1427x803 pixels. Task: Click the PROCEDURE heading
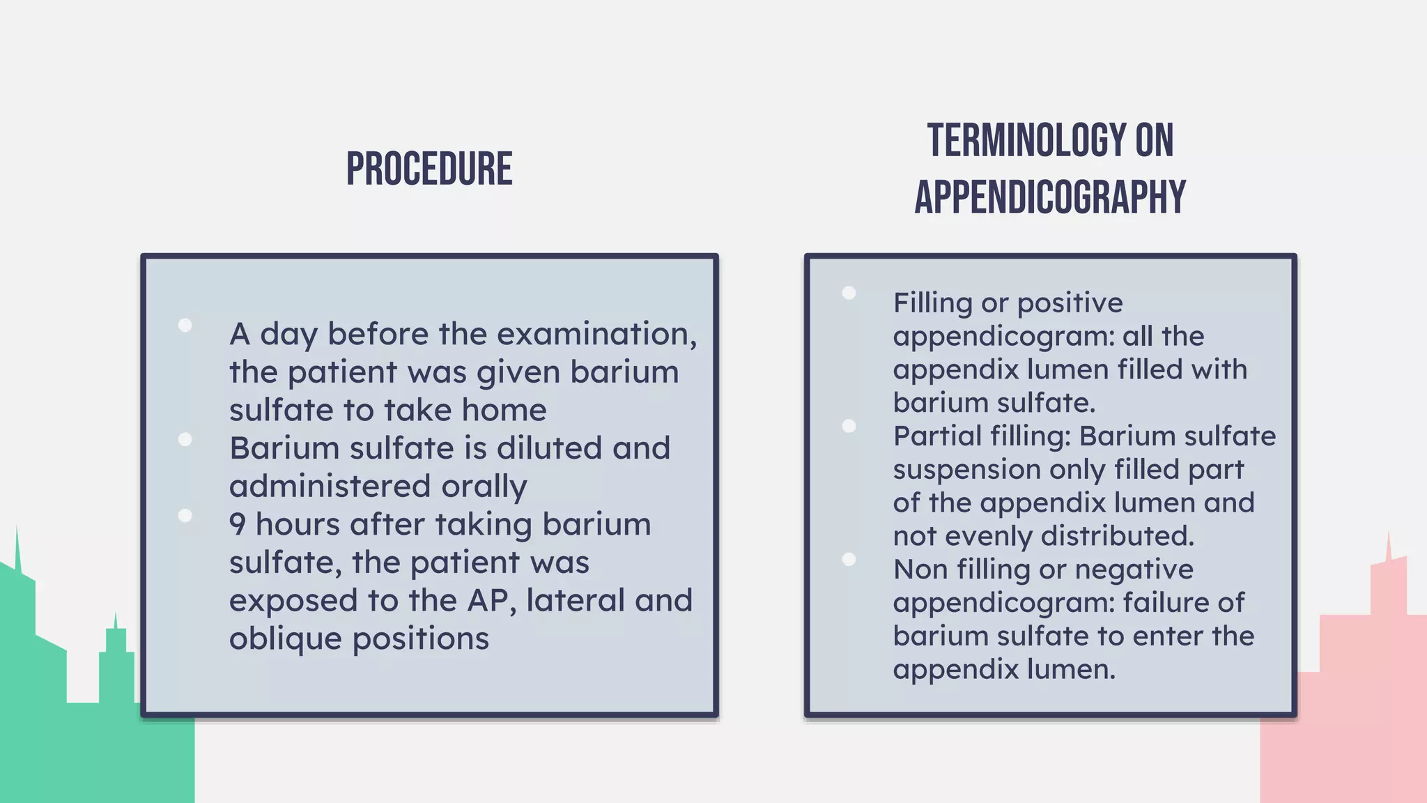tap(429, 169)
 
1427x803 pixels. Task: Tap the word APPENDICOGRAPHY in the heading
tap(1050, 197)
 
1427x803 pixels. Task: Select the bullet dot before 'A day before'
tap(185, 325)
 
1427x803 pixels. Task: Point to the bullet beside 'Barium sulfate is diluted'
tap(185, 439)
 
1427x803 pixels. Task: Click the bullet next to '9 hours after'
tap(185, 515)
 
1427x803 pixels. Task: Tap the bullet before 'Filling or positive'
tap(849, 293)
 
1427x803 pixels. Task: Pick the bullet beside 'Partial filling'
tap(849, 426)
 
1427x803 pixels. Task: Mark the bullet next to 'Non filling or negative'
tap(849, 559)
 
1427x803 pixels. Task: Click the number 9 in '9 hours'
tap(237, 524)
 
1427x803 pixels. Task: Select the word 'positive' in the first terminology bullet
tap(1070, 303)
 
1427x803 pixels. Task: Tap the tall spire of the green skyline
tap(17, 547)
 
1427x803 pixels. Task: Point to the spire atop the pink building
tap(1389, 545)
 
